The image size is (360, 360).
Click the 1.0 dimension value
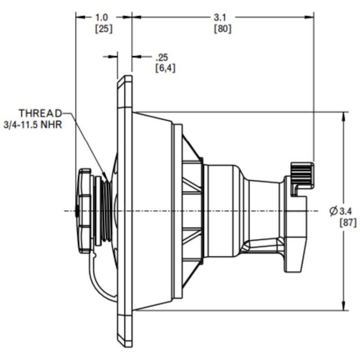click(102, 18)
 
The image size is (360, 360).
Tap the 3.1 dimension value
click(220, 18)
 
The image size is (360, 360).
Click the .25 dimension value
click(161, 57)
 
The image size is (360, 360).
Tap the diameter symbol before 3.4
click(333, 211)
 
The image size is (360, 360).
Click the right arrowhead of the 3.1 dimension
click(310, 17)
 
